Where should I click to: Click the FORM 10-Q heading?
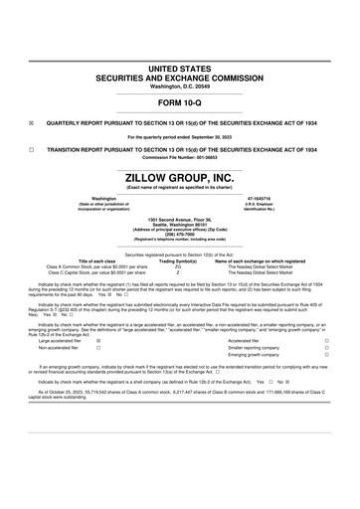point(179,76)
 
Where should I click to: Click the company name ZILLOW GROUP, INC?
point(179,177)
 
